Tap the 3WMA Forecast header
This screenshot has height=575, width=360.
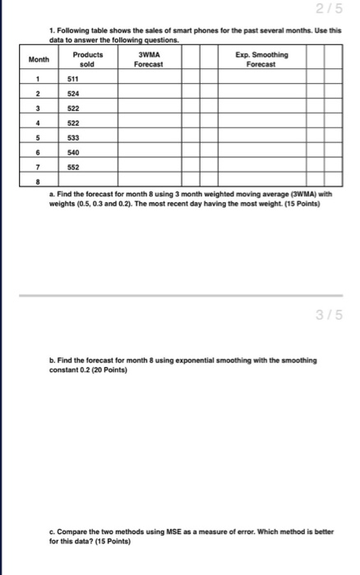[149, 59]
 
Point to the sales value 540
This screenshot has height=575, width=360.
[73, 153]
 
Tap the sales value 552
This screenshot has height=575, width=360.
[73, 167]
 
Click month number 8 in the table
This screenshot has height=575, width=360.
[39, 181]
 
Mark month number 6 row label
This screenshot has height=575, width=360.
[39, 153]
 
